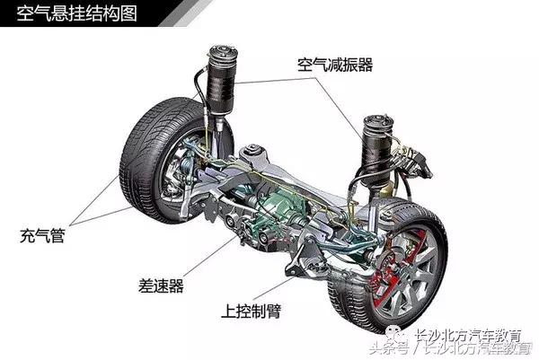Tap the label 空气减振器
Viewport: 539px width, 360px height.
pyautogui.click(x=335, y=66)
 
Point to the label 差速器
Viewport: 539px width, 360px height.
pyautogui.click(x=163, y=285)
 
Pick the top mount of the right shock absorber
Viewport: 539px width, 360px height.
pyautogui.click(x=380, y=124)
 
